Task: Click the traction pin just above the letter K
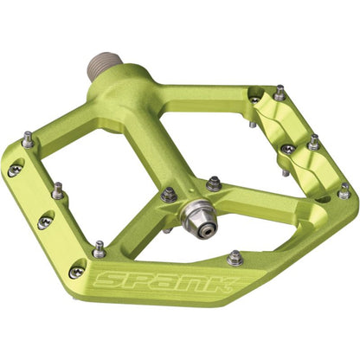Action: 234,256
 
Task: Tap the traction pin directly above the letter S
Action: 100,249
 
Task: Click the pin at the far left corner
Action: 29,138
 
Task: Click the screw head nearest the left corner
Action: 13,170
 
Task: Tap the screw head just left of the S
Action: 77,273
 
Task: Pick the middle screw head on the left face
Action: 43,222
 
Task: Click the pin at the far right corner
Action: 344,190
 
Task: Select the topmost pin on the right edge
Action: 280,92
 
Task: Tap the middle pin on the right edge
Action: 312,142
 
